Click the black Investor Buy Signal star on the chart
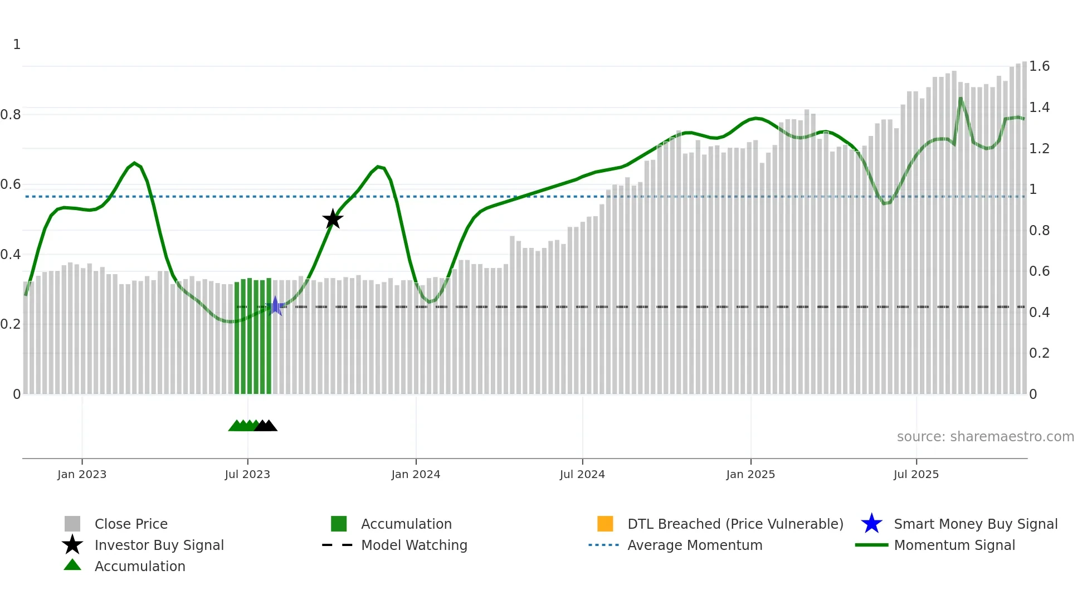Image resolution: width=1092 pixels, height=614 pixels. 333,219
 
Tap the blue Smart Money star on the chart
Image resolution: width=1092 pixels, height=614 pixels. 275,306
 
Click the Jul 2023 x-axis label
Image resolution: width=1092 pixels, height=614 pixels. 247,474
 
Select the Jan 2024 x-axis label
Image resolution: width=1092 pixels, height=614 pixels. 416,474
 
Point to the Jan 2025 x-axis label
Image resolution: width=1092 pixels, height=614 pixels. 750,474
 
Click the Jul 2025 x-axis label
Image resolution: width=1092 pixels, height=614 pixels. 916,474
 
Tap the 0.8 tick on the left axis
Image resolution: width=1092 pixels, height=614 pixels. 11,115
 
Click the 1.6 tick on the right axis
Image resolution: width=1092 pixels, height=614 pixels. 1039,66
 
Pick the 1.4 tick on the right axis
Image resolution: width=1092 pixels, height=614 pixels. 1039,107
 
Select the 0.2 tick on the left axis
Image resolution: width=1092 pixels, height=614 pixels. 11,324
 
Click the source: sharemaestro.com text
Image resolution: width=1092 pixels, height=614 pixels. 985,437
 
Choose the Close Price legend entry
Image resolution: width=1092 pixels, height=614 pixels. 131,524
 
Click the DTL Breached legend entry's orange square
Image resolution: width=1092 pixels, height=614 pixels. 605,524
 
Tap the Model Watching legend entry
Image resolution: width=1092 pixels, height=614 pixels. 414,545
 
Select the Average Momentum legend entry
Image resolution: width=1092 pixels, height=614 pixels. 695,545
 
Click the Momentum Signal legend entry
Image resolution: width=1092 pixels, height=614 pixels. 954,545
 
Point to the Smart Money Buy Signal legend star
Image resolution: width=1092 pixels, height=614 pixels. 871,524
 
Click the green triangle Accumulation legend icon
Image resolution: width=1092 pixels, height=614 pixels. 72,565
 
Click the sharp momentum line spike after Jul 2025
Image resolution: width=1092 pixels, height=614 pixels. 961,100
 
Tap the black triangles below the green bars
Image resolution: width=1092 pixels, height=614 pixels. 266,426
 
